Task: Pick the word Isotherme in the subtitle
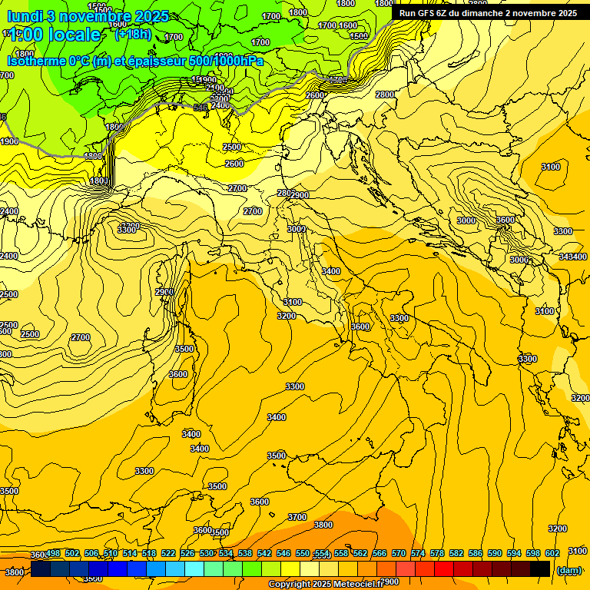[x=38, y=61]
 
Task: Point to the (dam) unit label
[x=568, y=570]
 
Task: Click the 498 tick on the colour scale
[x=53, y=553]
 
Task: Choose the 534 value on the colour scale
[x=226, y=553]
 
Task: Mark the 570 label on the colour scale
[x=399, y=553]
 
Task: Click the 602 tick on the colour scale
[x=552, y=553]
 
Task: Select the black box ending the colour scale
[x=540, y=568]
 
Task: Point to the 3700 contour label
[x=297, y=517]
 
